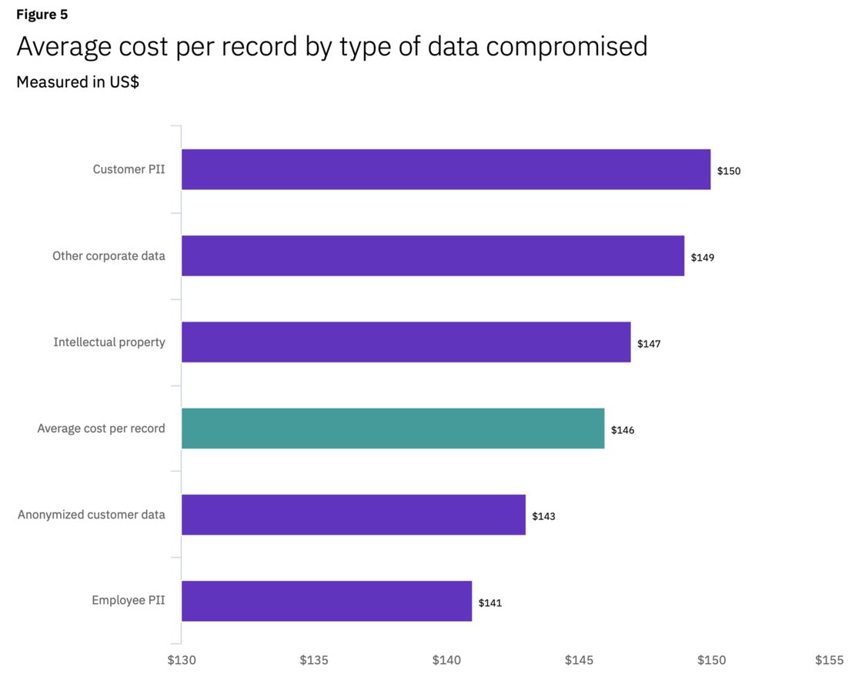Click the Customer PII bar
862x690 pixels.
click(x=446, y=169)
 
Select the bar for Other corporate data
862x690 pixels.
click(x=433, y=255)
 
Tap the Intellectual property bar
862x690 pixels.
click(x=406, y=342)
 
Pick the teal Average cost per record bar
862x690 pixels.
click(x=393, y=428)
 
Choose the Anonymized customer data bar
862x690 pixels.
click(x=353, y=515)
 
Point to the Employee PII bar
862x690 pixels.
click(x=326, y=601)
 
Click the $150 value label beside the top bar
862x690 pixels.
click(x=729, y=171)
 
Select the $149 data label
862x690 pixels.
click(x=702, y=257)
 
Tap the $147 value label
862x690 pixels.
click(x=649, y=344)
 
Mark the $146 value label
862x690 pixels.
click(x=623, y=430)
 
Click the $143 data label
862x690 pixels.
click(x=543, y=516)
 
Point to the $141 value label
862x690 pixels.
click(x=490, y=603)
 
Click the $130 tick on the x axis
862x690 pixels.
click(x=182, y=660)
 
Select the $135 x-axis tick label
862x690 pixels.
click(x=314, y=660)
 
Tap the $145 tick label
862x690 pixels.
click(x=579, y=660)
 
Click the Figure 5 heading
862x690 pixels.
click(x=42, y=15)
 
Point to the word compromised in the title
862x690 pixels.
click(x=566, y=47)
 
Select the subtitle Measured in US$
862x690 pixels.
click(x=78, y=82)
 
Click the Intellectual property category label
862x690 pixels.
click(x=109, y=342)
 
